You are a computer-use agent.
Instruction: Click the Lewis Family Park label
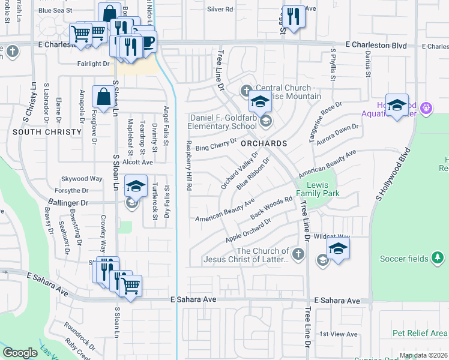(x=323, y=189)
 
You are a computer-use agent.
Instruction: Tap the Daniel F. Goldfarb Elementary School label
(x=223, y=122)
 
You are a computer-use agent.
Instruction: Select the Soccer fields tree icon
(x=438, y=258)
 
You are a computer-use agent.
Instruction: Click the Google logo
(x=20, y=352)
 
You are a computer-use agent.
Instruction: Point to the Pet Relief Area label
(x=420, y=333)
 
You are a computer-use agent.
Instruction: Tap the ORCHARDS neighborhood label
(x=264, y=144)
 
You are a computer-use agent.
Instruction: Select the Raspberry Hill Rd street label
(x=188, y=166)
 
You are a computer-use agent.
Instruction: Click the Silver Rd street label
(x=220, y=10)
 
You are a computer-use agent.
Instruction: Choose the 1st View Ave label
(x=338, y=334)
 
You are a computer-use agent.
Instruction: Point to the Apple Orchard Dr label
(x=249, y=230)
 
